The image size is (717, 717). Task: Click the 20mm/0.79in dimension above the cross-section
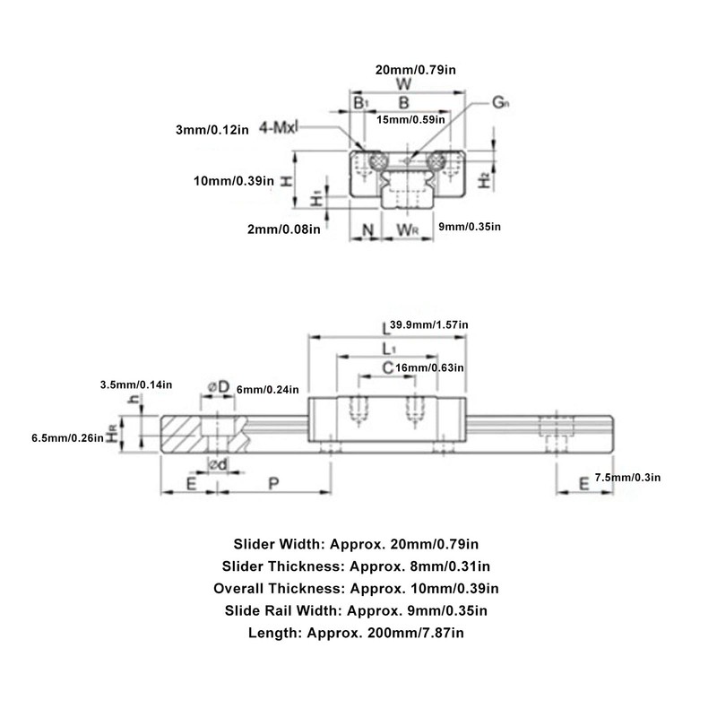410,69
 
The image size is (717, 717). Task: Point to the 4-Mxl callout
279,129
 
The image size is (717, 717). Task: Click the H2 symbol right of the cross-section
483,180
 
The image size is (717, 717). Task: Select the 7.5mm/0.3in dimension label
627,478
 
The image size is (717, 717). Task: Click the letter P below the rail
272,482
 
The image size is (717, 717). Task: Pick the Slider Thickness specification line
357,566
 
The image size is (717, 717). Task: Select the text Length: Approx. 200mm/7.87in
357,633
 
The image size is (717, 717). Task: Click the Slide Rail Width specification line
357,610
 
